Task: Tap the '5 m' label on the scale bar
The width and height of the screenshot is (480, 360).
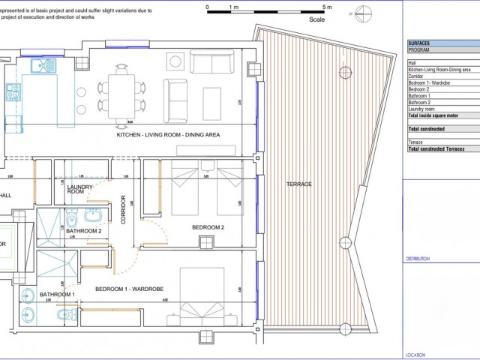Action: [x=326, y=6]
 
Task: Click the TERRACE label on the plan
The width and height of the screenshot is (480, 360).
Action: [x=298, y=184]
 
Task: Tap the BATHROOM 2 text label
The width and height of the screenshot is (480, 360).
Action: [x=83, y=232]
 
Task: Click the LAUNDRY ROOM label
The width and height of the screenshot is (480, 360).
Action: [x=79, y=189]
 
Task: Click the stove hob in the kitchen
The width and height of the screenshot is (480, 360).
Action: [x=13, y=92]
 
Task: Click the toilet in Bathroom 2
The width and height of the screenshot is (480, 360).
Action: [x=71, y=219]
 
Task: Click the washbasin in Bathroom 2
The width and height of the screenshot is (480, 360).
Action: [x=94, y=216]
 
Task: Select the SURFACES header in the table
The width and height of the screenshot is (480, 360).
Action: [x=418, y=44]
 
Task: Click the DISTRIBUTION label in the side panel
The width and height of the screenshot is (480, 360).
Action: [x=418, y=258]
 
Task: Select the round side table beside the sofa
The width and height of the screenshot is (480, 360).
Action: [x=175, y=61]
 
